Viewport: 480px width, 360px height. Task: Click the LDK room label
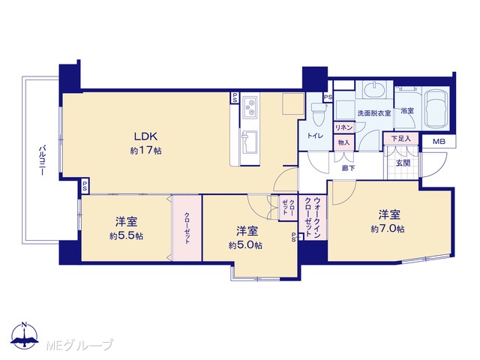tap(146, 136)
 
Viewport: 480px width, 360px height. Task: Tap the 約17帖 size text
tap(146, 151)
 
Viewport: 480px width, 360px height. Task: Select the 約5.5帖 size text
tap(127, 236)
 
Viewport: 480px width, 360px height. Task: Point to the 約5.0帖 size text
tap(245, 245)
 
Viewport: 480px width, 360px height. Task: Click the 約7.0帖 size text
tap(388, 229)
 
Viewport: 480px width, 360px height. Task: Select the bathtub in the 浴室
tap(436, 109)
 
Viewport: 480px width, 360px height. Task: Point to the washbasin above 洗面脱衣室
tap(373, 89)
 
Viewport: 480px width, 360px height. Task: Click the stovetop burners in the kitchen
tap(250, 107)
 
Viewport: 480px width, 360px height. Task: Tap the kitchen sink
tap(250, 143)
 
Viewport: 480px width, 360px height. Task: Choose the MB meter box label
tap(439, 142)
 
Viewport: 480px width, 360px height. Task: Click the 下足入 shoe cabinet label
tap(401, 139)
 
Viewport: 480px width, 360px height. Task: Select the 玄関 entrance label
tap(403, 163)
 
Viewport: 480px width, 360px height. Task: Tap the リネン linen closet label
tap(344, 127)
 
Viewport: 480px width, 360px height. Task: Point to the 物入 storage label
tap(343, 142)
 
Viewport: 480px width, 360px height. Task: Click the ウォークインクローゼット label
tap(313, 217)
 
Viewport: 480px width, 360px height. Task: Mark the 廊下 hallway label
tap(348, 168)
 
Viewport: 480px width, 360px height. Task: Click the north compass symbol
tap(24, 335)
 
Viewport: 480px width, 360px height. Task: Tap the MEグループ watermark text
tap(79, 345)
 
